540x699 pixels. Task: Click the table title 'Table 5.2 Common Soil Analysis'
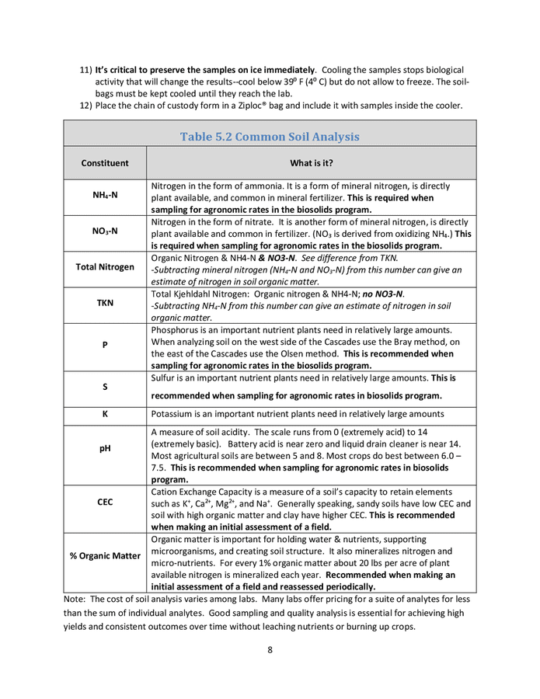point(270,137)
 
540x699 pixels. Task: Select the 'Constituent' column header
point(105,163)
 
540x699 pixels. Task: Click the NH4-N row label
point(105,197)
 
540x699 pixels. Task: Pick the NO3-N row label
point(105,232)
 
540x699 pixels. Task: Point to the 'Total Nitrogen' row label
point(105,267)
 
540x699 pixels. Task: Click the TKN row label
point(105,302)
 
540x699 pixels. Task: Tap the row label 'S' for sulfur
point(105,387)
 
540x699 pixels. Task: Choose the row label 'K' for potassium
point(105,413)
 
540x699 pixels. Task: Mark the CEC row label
point(105,503)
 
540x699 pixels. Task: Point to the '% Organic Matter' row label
point(105,556)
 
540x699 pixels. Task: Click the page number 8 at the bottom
point(270,650)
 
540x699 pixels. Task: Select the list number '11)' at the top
point(86,70)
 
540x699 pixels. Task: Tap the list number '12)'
point(86,106)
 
